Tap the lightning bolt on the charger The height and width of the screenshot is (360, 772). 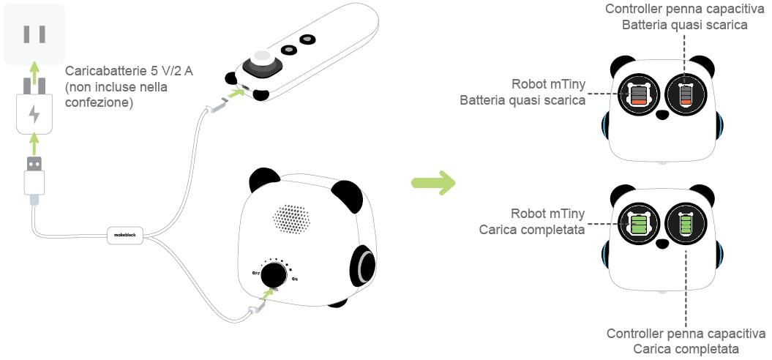(34, 115)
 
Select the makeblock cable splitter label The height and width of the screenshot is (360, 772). (126, 234)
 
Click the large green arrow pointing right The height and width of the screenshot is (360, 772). (432, 181)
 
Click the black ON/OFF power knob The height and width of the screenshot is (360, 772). (274, 275)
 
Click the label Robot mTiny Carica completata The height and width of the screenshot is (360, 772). (532, 222)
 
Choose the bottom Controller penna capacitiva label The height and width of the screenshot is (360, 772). (686, 334)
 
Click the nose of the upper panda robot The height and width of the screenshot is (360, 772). (662, 114)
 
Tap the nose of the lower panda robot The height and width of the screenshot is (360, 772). (662, 243)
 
